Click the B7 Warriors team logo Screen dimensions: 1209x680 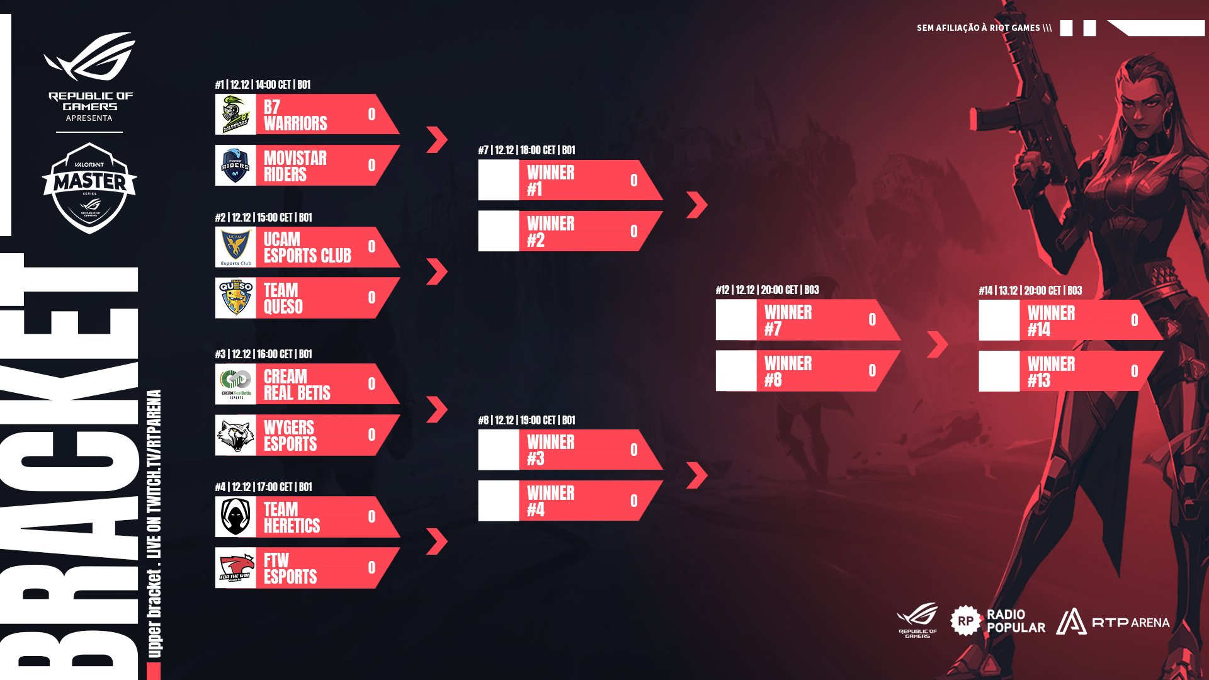click(x=236, y=114)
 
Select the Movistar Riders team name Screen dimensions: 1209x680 click(x=295, y=166)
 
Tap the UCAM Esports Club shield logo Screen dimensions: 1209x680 click(x=236, y=247)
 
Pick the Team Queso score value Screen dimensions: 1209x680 click(x=372, y=298)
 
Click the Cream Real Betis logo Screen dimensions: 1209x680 click(x=236, y=384)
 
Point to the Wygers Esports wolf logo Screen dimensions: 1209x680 click(x=236, y=435)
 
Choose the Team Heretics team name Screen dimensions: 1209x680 click(x=292, y=518)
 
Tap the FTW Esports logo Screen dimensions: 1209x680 click(x=236, y=568)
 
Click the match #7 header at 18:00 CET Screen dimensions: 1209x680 click(x=526, y=150)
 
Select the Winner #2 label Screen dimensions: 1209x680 click(x=550, y=232)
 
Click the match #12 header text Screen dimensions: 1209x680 click(x=767, y=290)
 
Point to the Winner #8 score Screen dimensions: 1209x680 click(x=872, y=371)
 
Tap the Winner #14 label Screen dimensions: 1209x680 click(x=1051, y=320)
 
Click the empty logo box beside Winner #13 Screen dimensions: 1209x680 click(x=999, y=371)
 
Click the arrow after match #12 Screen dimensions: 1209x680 click(x=938, y=344)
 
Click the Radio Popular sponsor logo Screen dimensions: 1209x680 click(x=997, y=621)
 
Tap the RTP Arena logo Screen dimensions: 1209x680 click(x=1113, y=622)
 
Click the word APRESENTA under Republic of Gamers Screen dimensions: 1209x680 click(x=89, y=118)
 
